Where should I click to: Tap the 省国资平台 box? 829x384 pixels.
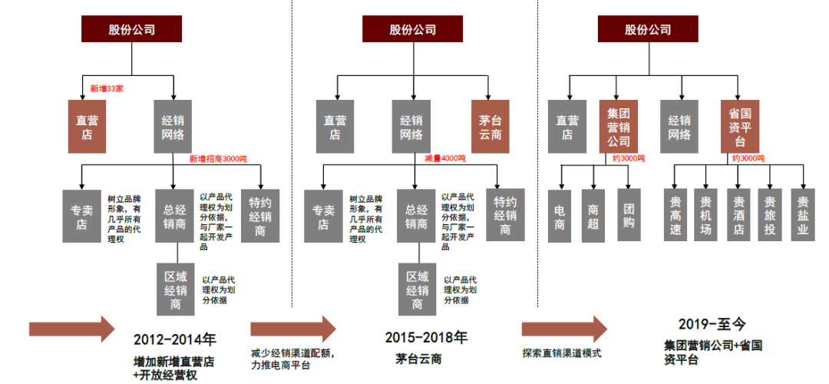(x=740, y=127)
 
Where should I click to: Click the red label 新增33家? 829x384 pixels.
(x=107, y=88)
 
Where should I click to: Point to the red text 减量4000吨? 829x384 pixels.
(x=445, y=159)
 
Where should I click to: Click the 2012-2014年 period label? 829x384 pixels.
(x=175, y=339)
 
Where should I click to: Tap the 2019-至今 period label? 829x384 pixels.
(x=712, y=324)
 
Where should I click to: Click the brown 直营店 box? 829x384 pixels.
(x=87, y=127)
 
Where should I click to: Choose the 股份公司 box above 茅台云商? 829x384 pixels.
(x=412, y=30)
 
